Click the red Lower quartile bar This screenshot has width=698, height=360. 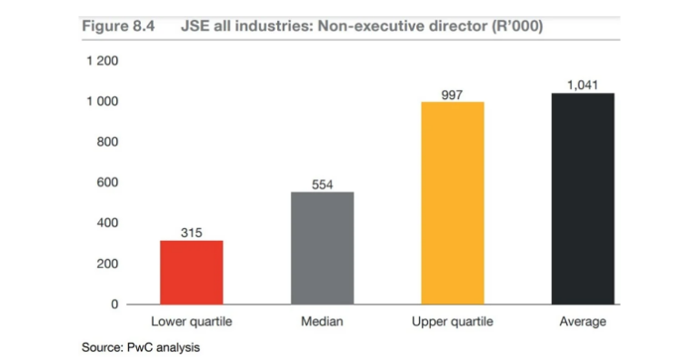191,272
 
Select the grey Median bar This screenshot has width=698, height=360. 322,247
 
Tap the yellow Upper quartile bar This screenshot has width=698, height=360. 453,203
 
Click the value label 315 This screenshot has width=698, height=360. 191,233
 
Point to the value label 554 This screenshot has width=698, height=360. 322,185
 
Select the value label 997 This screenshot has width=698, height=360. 453,95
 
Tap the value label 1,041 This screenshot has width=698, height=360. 583,85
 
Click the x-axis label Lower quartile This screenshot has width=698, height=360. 191,322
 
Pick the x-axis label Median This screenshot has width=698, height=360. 322,322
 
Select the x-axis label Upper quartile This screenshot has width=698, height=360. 453,322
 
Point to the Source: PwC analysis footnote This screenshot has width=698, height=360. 140,347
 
